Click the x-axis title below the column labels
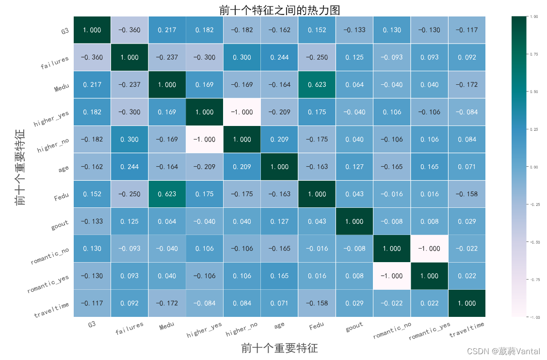(279, 348)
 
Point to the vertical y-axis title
(20, 167)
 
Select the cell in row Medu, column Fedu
(317, 84)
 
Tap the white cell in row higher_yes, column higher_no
(241, 112)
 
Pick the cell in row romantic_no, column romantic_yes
(429, 249)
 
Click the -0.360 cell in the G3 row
(129, 30)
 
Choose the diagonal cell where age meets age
(279, 167)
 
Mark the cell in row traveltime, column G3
(92, 303)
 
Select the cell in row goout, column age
(279, 221)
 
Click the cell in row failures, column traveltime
(467, 57)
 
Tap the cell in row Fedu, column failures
(129, 194)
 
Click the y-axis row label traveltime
(51, 310)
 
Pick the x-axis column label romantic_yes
(429, 331)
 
